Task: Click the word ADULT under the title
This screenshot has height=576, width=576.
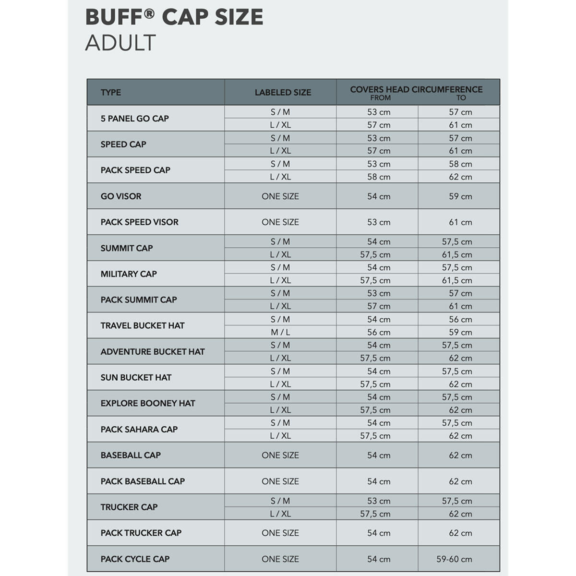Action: (120, 43)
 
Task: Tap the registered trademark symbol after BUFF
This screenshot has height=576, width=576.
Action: (149, 14)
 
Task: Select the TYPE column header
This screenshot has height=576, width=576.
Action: (111, 92)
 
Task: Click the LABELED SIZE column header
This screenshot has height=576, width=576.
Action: (283, 92)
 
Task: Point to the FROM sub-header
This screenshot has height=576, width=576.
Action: (380, 98)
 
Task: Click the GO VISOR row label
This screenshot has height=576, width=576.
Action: (121, 196)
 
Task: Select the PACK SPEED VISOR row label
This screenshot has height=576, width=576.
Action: (139, 222)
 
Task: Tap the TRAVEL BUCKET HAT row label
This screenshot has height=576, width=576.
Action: (143, 325)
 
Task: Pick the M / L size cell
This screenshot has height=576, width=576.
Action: (280, 332)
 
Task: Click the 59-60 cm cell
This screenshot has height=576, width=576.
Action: (454, 559)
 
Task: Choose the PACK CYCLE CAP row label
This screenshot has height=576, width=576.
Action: (135, 559)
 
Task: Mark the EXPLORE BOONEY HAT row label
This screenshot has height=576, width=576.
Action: (148, 403)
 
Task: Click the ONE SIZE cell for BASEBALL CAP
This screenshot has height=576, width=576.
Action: (280, 455)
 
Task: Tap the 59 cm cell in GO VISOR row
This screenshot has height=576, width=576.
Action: (460, 196)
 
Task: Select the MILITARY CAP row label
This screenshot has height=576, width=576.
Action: (129, 274)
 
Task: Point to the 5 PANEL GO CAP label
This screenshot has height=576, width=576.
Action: (134, 118)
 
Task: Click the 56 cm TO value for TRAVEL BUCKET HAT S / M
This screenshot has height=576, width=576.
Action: (460, 319)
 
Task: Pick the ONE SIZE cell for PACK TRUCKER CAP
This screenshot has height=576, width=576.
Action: (280, 533)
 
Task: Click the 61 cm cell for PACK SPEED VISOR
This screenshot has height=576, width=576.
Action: (460, 222)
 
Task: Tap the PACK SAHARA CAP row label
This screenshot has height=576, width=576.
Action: (139, 429)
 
